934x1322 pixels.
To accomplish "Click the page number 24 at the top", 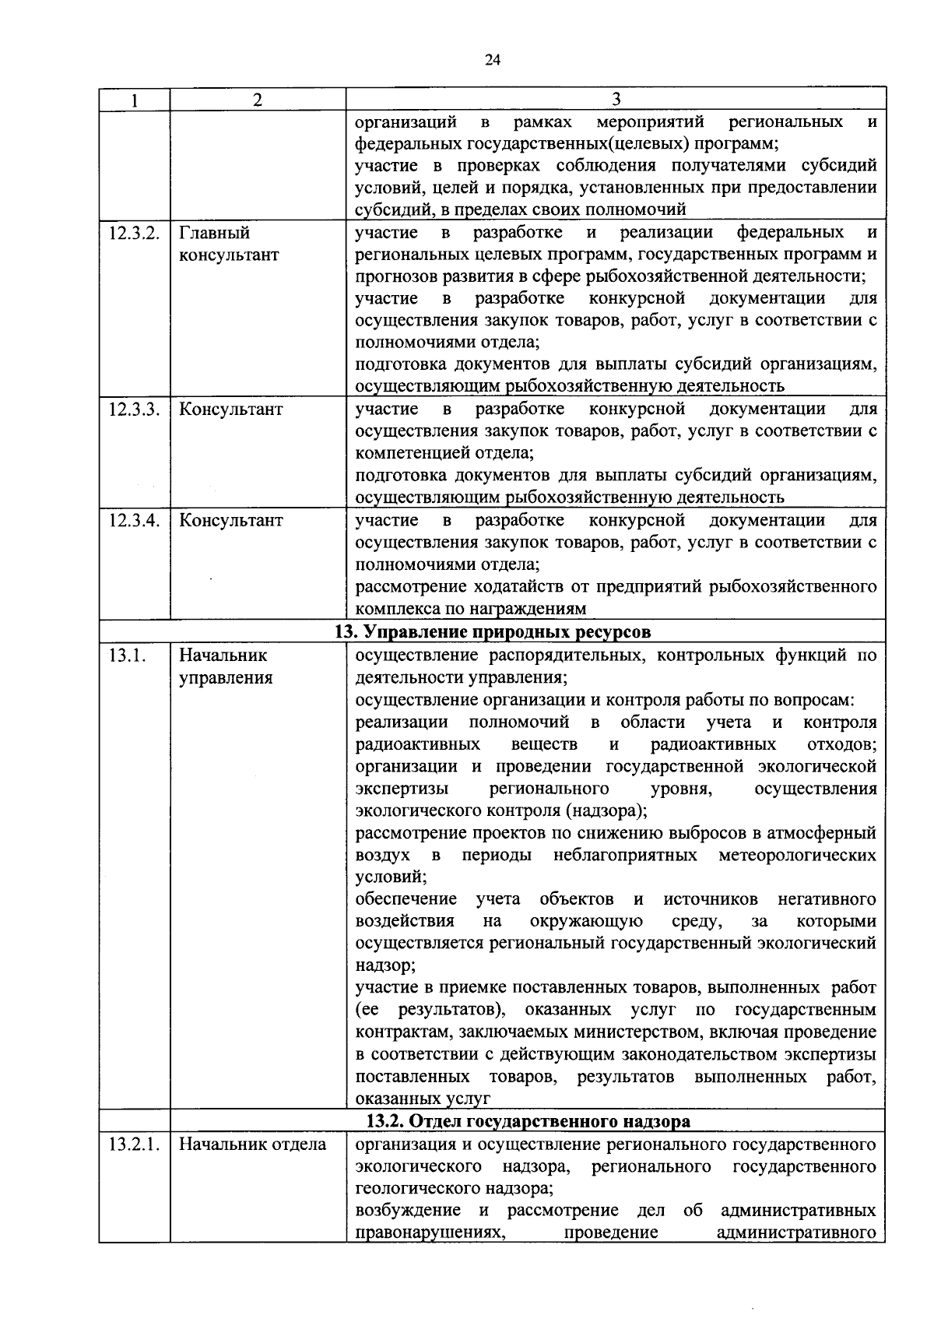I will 491,61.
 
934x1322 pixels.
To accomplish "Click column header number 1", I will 135,100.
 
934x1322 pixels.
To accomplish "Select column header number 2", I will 258,100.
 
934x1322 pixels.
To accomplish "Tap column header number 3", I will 616,99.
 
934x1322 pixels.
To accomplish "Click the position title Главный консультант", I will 229,244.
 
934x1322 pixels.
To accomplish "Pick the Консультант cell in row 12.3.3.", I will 231,410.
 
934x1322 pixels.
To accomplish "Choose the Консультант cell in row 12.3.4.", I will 231,520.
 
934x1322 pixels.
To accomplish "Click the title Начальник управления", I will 226,666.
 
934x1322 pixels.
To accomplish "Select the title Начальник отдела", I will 252,1144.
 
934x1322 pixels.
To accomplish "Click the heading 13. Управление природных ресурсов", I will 493,631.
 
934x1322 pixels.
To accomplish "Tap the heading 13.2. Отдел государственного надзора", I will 528,1121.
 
